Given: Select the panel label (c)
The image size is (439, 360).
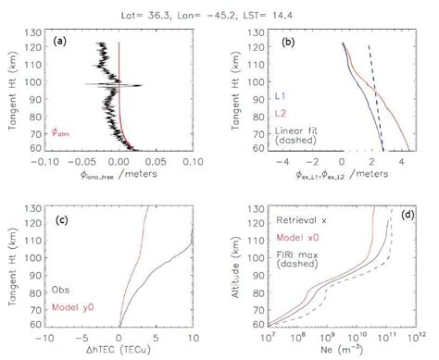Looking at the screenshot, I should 64,218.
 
